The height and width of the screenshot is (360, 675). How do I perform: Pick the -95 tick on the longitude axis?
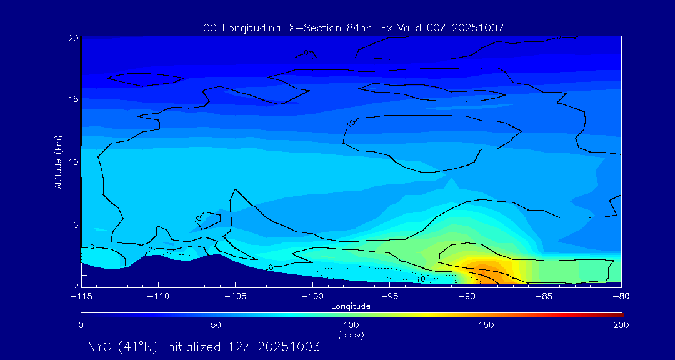point(389,296)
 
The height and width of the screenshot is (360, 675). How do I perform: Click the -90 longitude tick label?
point(466,296)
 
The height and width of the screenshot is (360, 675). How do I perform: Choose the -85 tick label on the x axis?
point(544,296)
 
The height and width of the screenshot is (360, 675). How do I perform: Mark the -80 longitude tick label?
point(621,296)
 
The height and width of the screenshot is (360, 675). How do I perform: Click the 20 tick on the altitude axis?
point(72,38)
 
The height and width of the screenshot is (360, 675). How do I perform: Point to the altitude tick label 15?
point(72,99)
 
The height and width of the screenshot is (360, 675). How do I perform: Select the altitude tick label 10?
point(72,161)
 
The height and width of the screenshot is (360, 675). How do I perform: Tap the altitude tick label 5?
point(75,224)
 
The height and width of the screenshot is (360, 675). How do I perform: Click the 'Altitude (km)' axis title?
point(58,161)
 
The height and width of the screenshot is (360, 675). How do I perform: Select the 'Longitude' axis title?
point(351,306)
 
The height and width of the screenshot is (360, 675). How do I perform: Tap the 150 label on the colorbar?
point(486,325)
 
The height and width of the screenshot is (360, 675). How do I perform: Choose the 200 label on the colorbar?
point(621,325)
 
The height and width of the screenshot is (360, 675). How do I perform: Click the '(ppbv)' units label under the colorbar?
point(351,335)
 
